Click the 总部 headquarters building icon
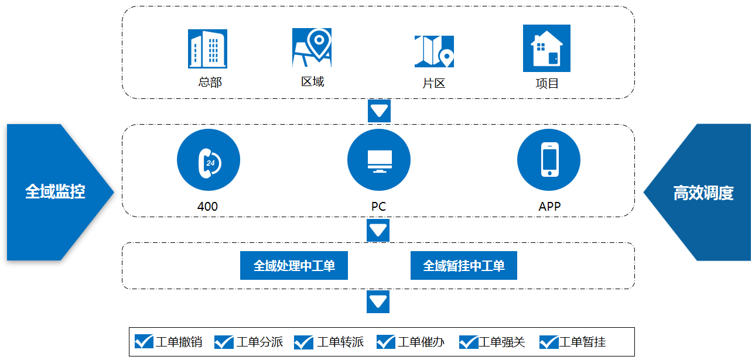pyautogui.click(x=207, y=49)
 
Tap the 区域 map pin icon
pyautogui.click(x=312, y=47)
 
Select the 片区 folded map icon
pyautogui.click(x=434, y=52)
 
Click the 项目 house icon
pyautogui.click(x=546, y=48)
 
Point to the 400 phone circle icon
pyautogui.click(x=209, y=160)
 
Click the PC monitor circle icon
pyautogui.click(x=379, y=160)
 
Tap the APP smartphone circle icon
pyautogui.click(x=549, y=160)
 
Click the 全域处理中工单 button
pyautogui.click(x=294, y=265)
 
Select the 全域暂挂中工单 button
pyautogui.click(x=464, y=265)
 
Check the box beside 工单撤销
pyautogui.click(x=144, y=341)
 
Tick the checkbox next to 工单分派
pyautogui.click(x=224, y=342)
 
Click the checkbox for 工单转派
pyautogui.click(x=303, y=342)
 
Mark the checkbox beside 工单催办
pyautogui.click(x=386, y=342)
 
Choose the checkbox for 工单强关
pyautogui.click(x=469, y=342)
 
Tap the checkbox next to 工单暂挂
pyautogui.click(x=549, y=342)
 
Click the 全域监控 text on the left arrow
pyautogui.click(x=55, y=191)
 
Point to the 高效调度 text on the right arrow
pyautogui.click(x=703, y=193)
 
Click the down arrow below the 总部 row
pyautogui.click(x=379, y=111)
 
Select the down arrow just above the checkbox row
pyautogui.click(x=378, y=301)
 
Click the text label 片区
pyautogui.click(x=434, y=83)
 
